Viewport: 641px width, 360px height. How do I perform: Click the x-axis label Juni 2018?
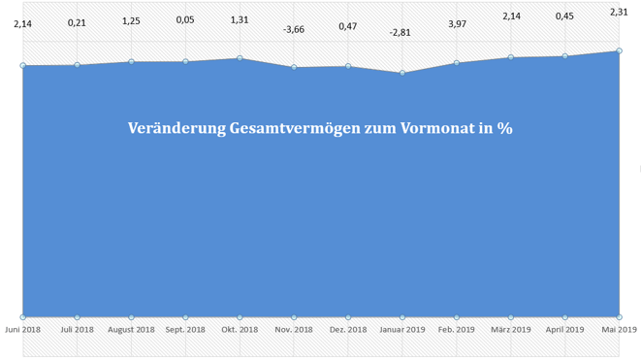pos(22,330)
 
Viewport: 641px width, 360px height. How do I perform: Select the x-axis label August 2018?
pos(131,330)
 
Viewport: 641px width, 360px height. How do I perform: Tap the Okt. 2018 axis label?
pos(240,330)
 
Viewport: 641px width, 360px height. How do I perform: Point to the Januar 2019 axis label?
pos(401,330)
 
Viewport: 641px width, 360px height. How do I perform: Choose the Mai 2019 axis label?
pos(619,330)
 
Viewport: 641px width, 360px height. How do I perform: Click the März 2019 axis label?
pos(511,330)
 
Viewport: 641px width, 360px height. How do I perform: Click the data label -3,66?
pos(294,30)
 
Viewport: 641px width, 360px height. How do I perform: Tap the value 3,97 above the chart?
pos(457,23)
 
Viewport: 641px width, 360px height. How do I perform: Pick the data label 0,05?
pos(185,20)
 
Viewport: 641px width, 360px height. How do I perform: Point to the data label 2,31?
pos(619,12)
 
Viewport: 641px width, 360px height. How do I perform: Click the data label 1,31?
pos(240,20)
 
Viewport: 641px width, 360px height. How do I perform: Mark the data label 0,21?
pos(77,22)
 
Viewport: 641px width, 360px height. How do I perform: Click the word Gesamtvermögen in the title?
pos(290,129)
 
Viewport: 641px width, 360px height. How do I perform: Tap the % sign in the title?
pos(504,128)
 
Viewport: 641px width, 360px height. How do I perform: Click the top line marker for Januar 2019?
pos(401,73)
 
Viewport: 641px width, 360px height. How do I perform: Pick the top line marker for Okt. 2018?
pos(240,58)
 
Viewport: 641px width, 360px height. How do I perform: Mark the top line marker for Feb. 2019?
pos(457,63)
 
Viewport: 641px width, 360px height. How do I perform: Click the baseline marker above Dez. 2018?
pos(348,316)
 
